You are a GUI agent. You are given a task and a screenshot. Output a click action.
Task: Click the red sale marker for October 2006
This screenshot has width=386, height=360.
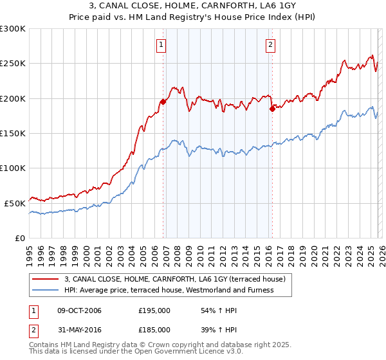163,102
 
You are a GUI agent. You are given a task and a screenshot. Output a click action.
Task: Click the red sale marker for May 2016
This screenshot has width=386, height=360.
272,109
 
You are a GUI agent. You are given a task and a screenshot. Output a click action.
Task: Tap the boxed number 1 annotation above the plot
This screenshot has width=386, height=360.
160,45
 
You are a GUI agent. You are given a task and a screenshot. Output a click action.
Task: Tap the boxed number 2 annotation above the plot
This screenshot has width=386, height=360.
270,45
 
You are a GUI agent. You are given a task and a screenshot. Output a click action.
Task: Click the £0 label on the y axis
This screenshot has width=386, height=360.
19,238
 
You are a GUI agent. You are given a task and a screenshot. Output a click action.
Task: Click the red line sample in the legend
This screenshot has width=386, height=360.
46,279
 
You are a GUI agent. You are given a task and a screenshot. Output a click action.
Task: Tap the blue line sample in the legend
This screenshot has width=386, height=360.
46,290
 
